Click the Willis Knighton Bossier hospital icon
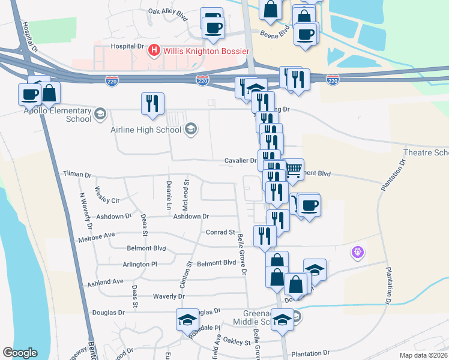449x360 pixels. (x=154, y=51)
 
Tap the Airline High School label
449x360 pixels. (x=146, y=130)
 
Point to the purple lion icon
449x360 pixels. (x=359, y=253)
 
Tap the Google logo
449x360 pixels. (x=20, y=353)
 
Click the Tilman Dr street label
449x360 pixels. (x=76, y=175)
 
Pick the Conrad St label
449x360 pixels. (x=220, y=232)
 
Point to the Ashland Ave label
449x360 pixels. (x=105, y=281)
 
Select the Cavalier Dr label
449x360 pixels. (x=240, y=161)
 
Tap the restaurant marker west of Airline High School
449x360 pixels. (x=152, y=103)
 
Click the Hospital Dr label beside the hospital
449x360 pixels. (x=128, y=46)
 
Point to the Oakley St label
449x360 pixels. (x=237, y=343)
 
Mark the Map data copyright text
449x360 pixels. (x=423, y=355)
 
